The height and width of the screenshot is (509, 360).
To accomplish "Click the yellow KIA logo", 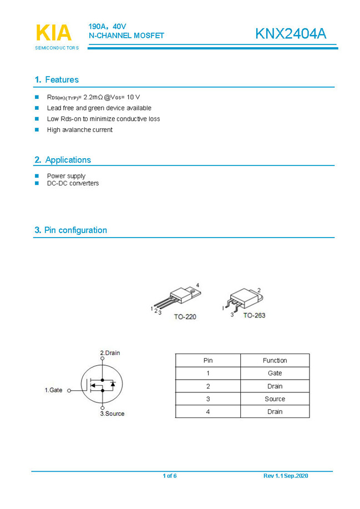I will point(54,33).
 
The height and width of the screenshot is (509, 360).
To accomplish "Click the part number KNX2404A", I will point(291,34).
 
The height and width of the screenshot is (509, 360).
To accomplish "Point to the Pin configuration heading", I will point(70,230).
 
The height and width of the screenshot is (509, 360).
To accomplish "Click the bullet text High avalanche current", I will point(79,130).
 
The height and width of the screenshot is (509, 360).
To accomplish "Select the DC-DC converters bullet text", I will point(73,183).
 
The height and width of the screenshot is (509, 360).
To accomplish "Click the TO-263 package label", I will point(254,315).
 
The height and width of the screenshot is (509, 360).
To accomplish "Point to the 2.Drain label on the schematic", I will point(110,353).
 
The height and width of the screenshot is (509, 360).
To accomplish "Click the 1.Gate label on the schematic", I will point(53,390).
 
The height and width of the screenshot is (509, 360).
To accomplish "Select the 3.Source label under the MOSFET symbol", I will point(112,414).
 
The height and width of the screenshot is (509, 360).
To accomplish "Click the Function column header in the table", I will point(275,360).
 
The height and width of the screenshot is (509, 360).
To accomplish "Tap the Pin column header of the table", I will point(207,360).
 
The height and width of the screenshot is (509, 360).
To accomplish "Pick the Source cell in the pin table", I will point(275,399).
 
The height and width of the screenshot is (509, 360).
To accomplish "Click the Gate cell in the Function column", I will point(275,374).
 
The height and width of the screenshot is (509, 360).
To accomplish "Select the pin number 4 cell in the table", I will point(207,411).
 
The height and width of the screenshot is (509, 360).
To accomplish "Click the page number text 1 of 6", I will point(170,476).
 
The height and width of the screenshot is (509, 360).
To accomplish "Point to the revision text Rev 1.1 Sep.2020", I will point(286,476).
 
